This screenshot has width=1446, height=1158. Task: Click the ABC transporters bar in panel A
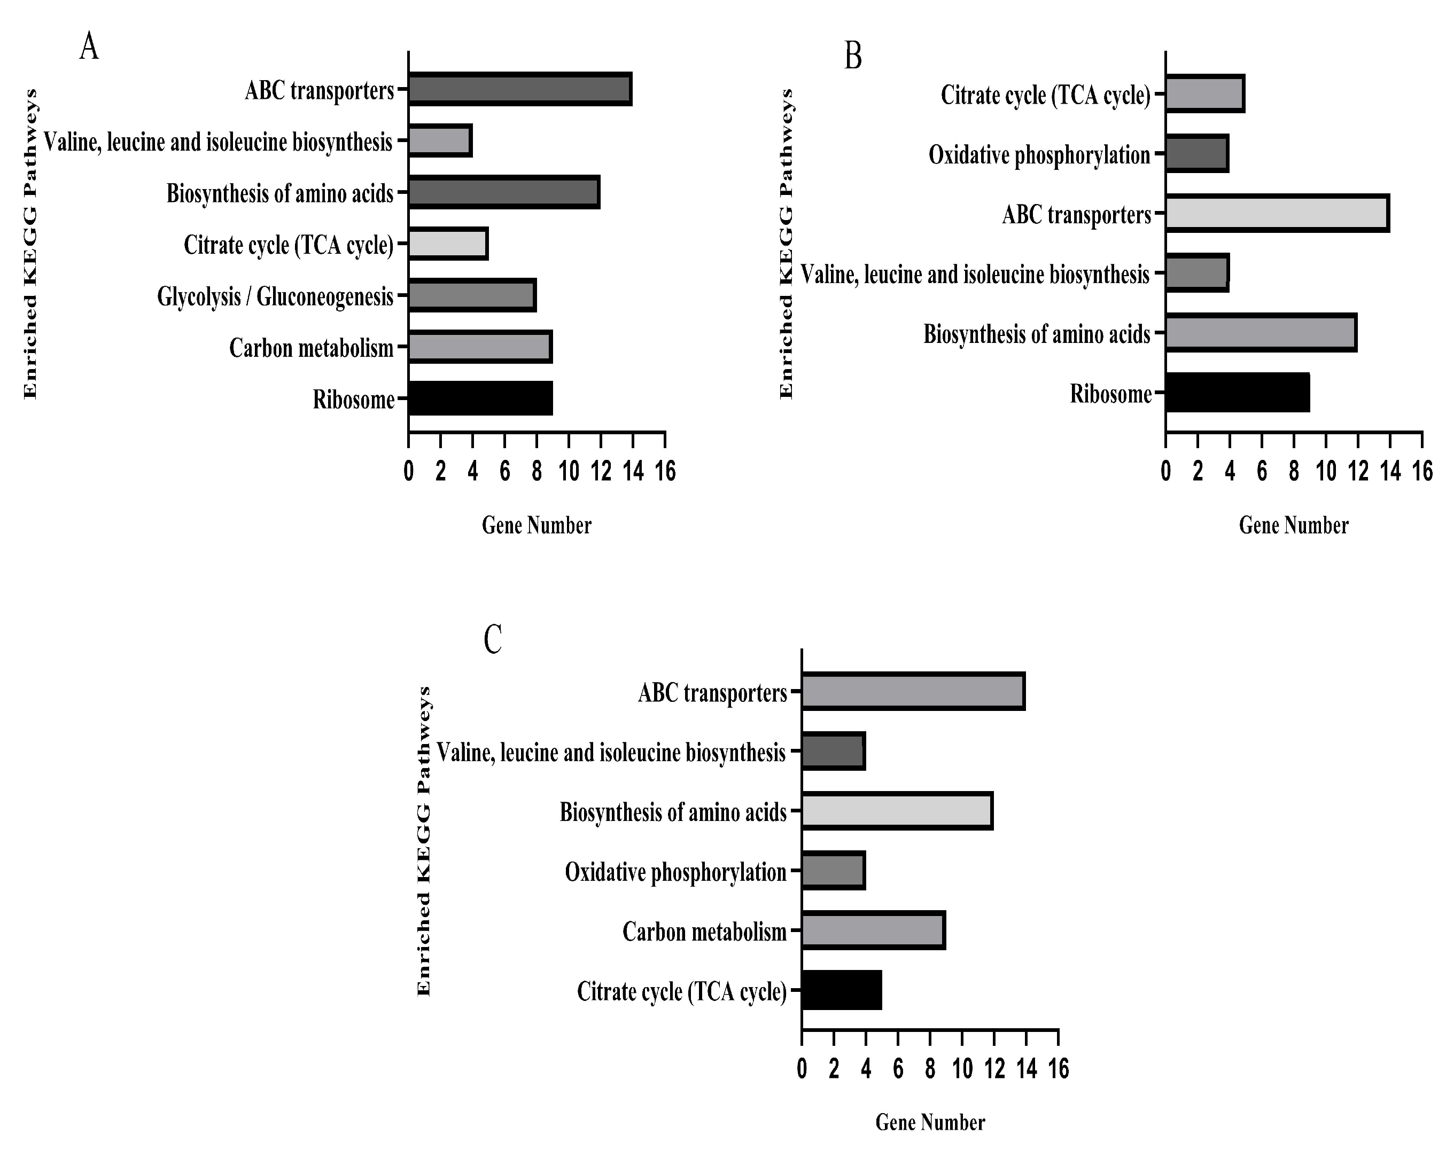tap(520, 89)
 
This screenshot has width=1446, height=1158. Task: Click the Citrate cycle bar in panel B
tap(1204, 94)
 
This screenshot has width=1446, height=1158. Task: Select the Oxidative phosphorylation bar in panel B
tap(1197, 153)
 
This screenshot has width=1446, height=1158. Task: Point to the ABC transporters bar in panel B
tap(1277, 213)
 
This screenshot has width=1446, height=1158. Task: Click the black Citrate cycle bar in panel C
tap(841, 990)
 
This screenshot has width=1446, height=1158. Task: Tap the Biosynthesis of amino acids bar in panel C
tap(897, 811)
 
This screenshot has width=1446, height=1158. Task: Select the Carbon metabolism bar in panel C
tap(873, 930)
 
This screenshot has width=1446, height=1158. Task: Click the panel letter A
tap(89, 48)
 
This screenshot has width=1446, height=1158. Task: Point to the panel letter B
tap(852, 56)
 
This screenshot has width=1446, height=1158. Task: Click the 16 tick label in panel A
tap(665, 472)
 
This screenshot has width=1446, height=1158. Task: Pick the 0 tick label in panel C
tap(802, 1069)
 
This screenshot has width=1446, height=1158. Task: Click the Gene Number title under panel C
tap(930, 1122)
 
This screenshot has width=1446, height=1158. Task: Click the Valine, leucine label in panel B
tap(975, 274)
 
